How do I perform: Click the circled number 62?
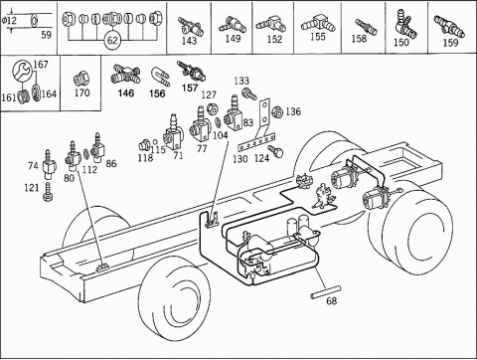click(112, 41)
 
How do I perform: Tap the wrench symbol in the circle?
click(22, 70)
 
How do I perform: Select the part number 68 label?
click(331, 301)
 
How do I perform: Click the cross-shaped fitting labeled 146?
click(125, 75)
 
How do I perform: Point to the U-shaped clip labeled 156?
click(160, 77)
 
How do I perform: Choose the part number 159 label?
click(450, 43)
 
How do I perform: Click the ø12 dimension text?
click(9, 21)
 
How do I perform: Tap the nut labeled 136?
click(276, 112)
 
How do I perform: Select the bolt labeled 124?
click(275, 151)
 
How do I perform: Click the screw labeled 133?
click(249, 93)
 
